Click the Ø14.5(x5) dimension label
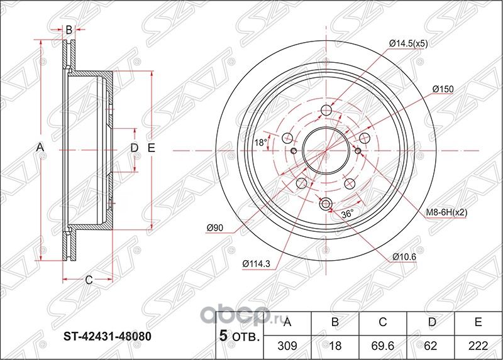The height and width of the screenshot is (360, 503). [409, 43]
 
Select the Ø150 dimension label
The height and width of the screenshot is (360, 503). [443, 89]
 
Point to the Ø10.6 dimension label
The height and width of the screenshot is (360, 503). [404, 256]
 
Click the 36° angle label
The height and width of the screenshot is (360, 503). [346, 214]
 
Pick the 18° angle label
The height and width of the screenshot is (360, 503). [260, 143]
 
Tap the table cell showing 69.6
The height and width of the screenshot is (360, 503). [383, 345]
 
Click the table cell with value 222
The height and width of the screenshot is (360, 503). [478, 345]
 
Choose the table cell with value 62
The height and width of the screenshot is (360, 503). [431, 345]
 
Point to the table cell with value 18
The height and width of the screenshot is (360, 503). [336, 345]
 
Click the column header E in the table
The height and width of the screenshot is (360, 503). [478, 323]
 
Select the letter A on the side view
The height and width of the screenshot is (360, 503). [40, 147]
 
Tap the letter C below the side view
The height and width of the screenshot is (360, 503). [89, 280]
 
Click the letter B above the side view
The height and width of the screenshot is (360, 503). [69, 28]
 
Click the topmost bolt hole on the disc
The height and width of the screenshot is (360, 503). [326, 111]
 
